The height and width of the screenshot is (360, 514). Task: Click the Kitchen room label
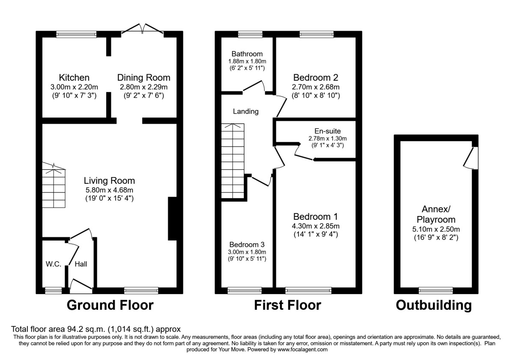(x=74, y=78)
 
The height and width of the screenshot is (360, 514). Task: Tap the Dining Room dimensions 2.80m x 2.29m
(x=143, y=87)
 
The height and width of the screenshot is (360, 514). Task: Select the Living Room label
(x=109, y=181)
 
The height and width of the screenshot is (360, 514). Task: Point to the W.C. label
(x=54, y=264)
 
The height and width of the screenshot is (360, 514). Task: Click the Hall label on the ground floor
(x=81, y=264)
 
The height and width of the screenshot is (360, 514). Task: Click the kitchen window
(x=76, y=34)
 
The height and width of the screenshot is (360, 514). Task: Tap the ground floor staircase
(x=54, y=185)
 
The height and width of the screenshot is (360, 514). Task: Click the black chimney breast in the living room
(x=172, y=218)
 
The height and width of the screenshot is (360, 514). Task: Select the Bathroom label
(x=247, y=54)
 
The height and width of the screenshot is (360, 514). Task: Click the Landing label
(x=246, y=111)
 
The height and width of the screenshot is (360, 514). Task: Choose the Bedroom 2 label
(x=316, y=78)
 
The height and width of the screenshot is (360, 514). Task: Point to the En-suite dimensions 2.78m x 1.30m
(x=327, y=138)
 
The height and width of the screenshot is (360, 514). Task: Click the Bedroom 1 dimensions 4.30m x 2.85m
(x=316, y=226)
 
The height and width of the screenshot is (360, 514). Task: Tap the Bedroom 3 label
(x=247, y=244)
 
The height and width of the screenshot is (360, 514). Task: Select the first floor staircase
(x=233, y=161)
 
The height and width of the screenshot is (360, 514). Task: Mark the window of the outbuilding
(x=436, y=291)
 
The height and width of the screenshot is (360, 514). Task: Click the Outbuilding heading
(x=433, y=305)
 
